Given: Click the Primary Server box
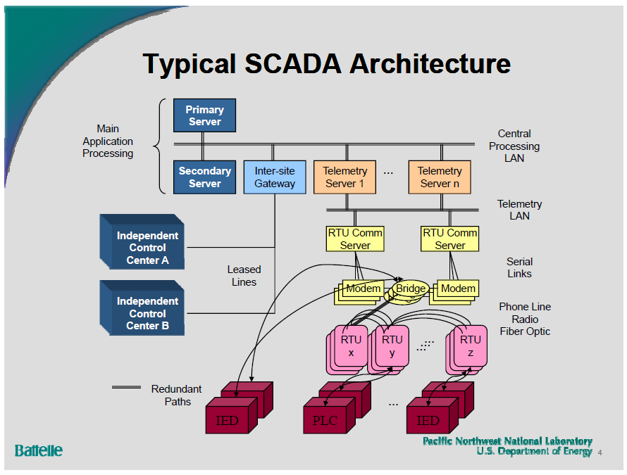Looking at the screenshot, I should pos(204,115).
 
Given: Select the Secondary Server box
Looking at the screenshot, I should pos(204,177).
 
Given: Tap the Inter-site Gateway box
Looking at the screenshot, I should pos(275,177).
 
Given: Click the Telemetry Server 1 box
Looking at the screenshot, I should pos(345,177).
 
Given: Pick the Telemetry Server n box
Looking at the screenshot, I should pos(439,177).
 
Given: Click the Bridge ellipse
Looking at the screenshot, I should pos(410,289).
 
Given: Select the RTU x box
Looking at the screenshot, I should pos(351,346).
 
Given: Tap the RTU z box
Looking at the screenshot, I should pos(470,346).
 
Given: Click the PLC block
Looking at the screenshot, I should pos(325,421).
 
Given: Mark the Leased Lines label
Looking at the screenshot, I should pos(244,276).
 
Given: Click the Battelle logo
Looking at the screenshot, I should pos(39,450).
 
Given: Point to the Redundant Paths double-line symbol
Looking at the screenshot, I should pos(127,387).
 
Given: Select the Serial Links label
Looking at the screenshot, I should pos(519,267).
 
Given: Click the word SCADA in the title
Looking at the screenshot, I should pos(294,63).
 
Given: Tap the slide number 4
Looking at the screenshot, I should pos(600,452).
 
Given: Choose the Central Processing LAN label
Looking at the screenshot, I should pos(514,146).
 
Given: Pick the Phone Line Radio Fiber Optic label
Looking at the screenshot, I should pos(525,319).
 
